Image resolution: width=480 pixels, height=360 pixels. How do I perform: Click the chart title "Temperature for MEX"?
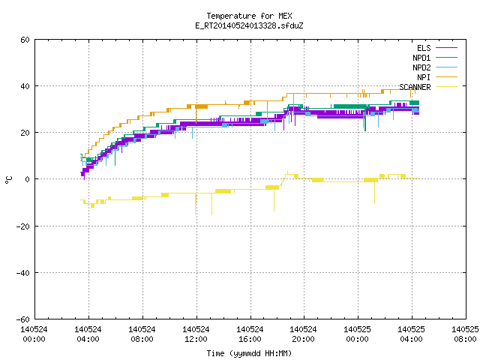point(249,16)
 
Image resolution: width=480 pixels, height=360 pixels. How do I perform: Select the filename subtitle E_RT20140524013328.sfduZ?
point(249,25)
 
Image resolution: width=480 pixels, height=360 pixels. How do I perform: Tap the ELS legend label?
point(424,48)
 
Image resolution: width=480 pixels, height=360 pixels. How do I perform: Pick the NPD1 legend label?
point(421,58)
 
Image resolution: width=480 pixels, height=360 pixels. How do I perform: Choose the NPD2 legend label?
point(421,67)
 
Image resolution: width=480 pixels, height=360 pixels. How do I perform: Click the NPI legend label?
point(424,77)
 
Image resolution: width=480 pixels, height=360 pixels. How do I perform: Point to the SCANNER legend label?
point(415,87)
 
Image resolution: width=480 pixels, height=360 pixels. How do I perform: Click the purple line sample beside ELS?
point(446,48)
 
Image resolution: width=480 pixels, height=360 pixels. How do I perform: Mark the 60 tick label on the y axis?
point(25,40)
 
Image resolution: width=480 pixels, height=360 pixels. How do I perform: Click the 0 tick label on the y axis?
point(28,179)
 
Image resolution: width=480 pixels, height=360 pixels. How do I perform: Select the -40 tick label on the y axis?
point(23,273)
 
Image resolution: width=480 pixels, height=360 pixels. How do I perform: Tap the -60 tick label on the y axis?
point(23,319)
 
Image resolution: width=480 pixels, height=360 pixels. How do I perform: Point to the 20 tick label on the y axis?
point(25,133)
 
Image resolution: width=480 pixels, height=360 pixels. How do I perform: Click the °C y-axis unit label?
point(8,180)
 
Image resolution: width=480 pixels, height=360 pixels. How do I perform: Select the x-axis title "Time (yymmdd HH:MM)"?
point(249,353)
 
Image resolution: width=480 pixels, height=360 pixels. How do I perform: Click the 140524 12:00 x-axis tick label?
point(196,334)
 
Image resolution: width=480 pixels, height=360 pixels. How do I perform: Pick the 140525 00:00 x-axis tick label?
point(357,334)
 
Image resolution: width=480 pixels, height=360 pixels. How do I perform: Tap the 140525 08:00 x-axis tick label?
point(465,334)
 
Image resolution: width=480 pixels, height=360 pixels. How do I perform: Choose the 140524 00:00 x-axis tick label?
point(34,334)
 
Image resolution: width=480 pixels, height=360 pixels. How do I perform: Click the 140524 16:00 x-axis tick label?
point(250,334)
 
